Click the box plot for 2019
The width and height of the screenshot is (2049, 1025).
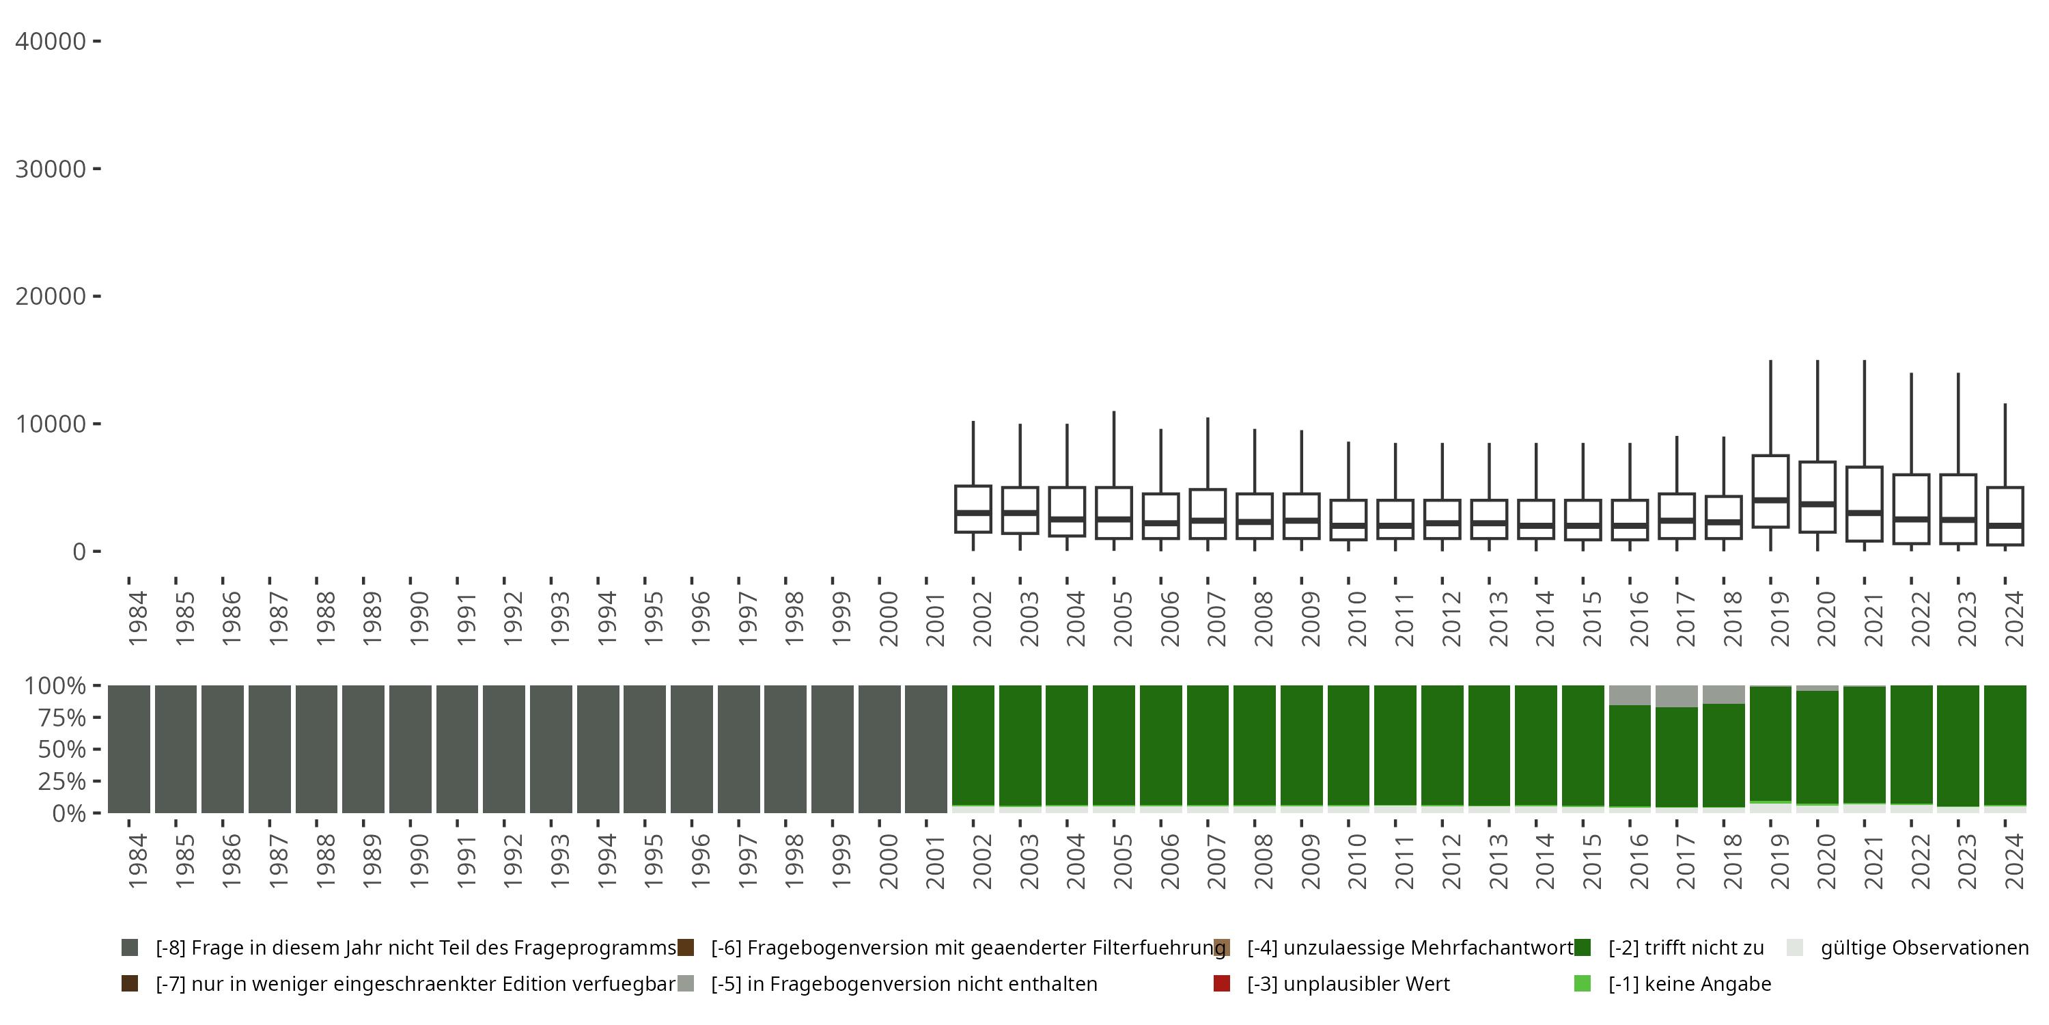[x=1770, y=491]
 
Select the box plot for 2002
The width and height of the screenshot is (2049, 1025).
[x=973, y=508]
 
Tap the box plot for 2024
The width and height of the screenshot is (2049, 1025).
[x=2005, y=516]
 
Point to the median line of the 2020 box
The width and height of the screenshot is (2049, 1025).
[x=1817, y=504]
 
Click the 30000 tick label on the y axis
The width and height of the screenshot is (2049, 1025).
[x=51, y=169]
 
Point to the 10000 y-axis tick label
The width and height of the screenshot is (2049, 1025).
[x=51, y=424]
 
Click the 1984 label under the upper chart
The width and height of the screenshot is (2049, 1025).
[x=137, y=618]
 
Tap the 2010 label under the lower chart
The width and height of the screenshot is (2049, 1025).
[x=1358, y=861]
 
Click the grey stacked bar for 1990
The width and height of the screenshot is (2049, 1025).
[x=410, y=749]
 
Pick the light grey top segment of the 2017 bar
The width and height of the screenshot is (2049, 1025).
[x=1676, y=696]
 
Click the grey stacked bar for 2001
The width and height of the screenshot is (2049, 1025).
[x=926, y=749]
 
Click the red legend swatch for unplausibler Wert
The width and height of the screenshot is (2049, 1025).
[x=1222, y=983]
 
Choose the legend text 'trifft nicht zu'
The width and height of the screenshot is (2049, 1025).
[x=1686, y=948]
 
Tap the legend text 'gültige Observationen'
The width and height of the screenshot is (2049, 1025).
[x=1924, y=948]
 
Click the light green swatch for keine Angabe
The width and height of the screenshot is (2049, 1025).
[x=1582, y=983]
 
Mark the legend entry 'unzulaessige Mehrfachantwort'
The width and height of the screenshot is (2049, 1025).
[x=1410, y=948]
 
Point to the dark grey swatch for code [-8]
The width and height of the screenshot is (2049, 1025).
[x=130, y=948]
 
